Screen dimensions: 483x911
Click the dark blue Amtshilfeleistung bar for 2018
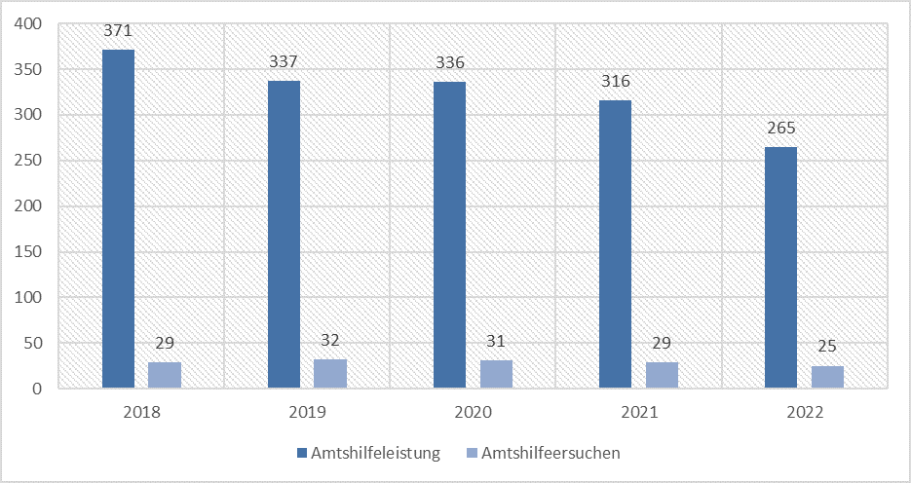pos(118,219)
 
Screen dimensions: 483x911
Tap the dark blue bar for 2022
pos(780,268)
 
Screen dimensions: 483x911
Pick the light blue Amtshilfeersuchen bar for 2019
pos(330,374)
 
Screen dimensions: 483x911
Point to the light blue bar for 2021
pos(662,375)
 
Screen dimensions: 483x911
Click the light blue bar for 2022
pos(827,377)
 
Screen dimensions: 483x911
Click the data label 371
pos(118,31)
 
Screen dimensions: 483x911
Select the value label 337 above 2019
pos(284,62)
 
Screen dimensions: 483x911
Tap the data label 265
pos(780,129)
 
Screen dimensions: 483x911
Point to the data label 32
pos(330,342)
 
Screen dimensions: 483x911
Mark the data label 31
pos(496,343)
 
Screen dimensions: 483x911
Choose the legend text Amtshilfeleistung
pos(375,453)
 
